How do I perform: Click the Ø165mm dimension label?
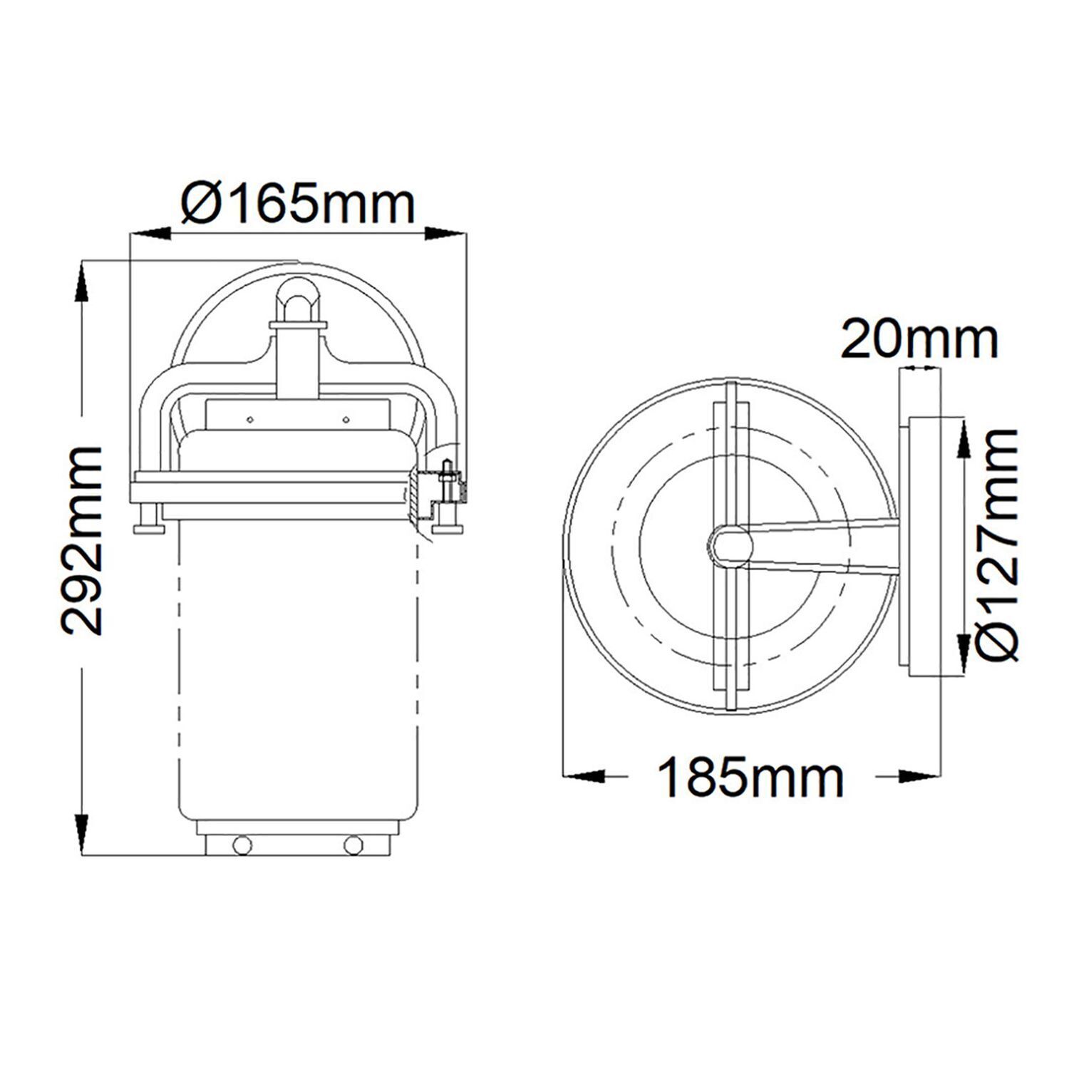tap(298, 204)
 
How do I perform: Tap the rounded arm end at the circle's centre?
tap(730, 546)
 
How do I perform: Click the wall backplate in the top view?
tap(921, 545)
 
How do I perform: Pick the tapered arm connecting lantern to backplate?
tap(827, 546)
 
